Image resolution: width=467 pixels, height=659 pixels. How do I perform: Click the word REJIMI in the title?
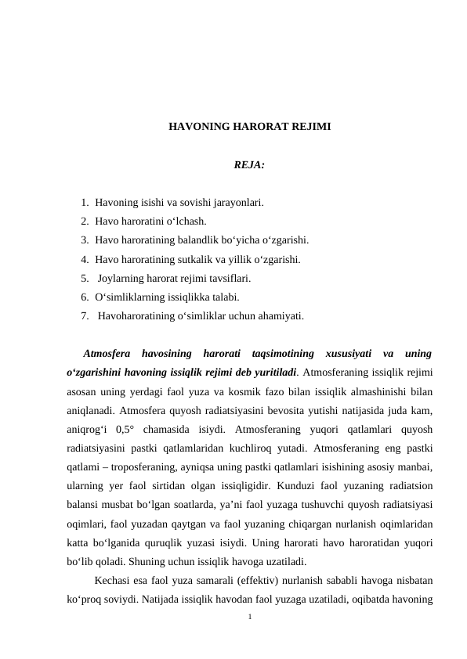[310, 126]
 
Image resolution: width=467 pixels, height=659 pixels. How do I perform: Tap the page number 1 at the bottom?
[249, 617]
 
